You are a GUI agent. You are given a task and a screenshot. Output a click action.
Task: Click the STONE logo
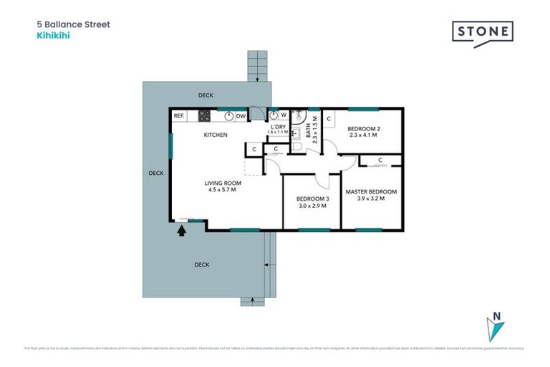click(482, 33)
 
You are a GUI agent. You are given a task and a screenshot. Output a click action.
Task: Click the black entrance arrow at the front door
click(181, 230)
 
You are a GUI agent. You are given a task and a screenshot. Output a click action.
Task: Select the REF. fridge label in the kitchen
click(179, 115)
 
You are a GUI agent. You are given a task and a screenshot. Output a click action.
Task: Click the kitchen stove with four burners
click(204, 115)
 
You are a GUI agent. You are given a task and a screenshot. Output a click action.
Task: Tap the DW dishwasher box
click(241, 115)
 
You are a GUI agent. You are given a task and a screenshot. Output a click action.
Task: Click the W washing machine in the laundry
click(284, 115)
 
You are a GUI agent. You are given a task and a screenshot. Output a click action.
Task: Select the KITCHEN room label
click(216, 135)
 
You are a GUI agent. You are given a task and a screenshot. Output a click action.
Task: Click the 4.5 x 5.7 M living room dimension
click(221, 190)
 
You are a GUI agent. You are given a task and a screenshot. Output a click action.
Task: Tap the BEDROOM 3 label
click(312, 199)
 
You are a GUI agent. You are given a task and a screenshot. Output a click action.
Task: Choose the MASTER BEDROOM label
click(371, 192)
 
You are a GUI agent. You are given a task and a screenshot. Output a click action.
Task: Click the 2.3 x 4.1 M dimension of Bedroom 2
click(365, 135)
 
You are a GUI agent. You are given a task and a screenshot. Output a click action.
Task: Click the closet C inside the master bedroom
click(380, 160)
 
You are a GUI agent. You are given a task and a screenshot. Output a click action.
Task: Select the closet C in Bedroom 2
click(329, 118)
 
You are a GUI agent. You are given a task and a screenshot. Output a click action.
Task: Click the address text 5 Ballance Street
click(73, 23)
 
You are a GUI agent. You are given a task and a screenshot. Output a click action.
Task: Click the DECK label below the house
click(202, 264)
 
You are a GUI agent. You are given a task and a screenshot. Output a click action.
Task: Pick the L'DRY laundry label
click(278, 126)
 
